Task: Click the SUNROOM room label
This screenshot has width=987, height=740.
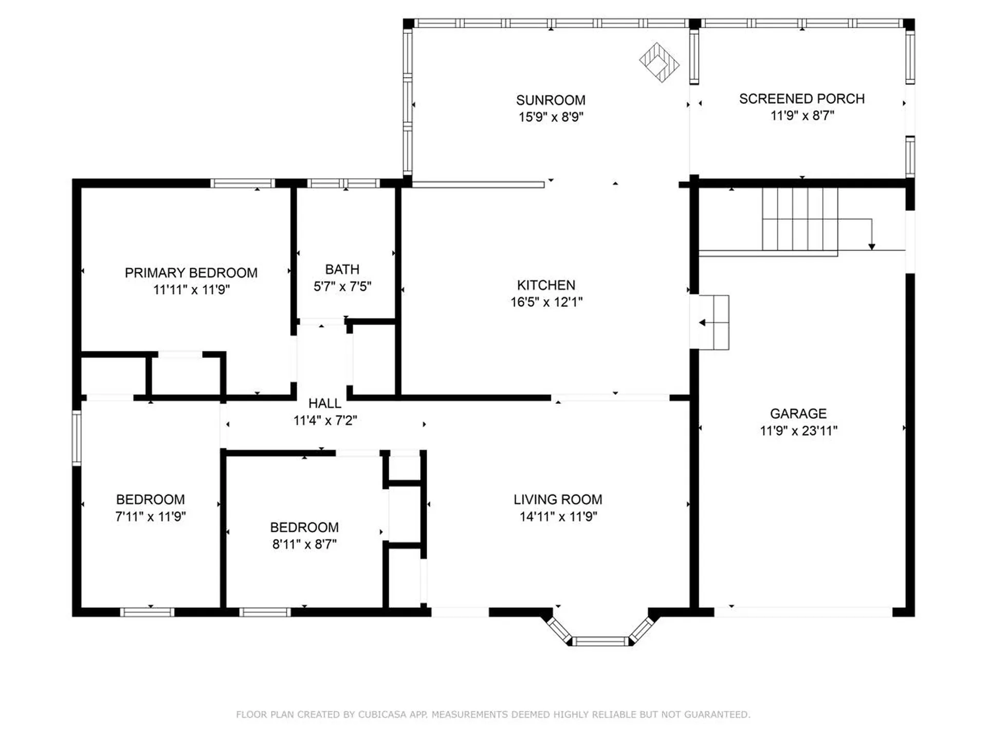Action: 551,100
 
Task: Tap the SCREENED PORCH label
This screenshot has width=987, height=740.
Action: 802,99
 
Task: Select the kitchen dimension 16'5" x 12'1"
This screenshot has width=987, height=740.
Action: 546,302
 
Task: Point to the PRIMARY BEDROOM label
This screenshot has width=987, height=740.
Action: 191,272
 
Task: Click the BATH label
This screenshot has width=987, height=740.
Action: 342,269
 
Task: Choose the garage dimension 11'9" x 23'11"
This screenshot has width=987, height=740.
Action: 798,431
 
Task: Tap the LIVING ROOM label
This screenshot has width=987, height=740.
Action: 558,499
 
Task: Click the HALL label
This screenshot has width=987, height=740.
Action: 325,403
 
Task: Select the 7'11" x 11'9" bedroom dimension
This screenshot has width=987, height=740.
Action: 150,516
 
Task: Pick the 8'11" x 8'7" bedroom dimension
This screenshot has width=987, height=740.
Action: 304,544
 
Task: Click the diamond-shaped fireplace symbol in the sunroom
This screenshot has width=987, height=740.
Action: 659,62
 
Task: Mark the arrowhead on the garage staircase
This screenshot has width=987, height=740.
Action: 872,247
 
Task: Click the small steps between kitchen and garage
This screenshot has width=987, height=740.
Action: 714,322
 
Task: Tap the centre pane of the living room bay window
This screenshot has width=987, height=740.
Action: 600,641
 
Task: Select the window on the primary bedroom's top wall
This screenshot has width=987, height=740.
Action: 243,183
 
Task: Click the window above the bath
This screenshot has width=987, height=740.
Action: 343,183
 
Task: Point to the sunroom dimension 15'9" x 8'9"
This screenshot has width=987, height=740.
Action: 551,117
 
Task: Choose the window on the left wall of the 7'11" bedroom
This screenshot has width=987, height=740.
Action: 77,438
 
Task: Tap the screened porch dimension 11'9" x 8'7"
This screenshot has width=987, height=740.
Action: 802,115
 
